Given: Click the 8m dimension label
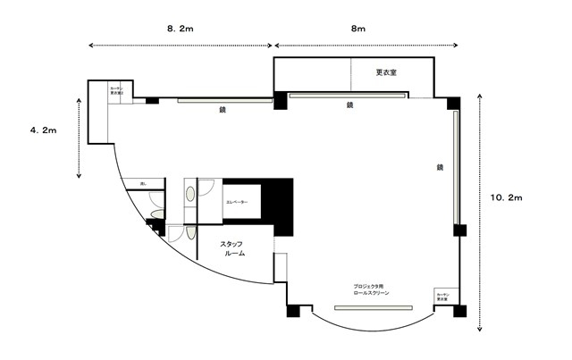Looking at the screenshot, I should (357, 29).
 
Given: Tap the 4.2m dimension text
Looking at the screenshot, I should (43, 130).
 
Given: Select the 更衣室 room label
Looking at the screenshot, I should (386, 72).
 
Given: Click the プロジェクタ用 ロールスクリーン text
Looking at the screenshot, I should (371, 289).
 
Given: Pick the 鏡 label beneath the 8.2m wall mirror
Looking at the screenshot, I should (223, 110).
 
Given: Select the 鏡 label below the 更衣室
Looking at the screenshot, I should (349, 105).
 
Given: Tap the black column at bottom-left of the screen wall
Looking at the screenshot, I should (292, 312).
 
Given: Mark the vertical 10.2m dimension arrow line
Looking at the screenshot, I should (481, 211).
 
